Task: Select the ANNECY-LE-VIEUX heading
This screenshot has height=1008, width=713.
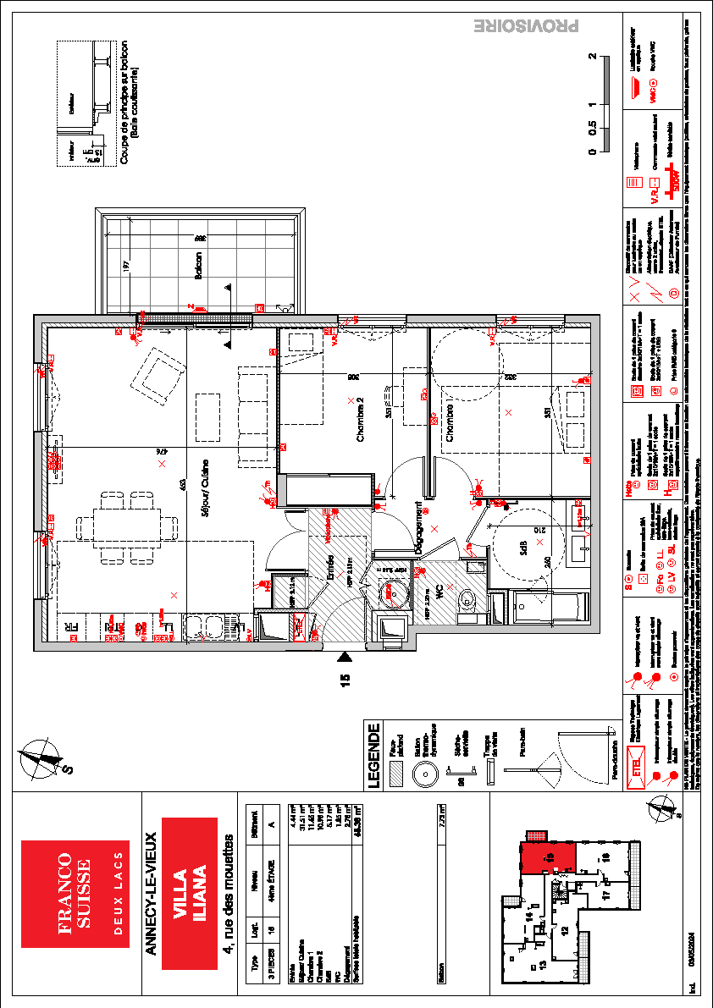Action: click(x=150, y=894)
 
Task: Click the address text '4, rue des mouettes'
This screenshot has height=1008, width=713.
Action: click(x=226, y=894)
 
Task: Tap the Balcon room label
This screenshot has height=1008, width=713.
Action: click(x=198, y=267)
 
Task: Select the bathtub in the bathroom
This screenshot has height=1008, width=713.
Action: click(x=550, y=607)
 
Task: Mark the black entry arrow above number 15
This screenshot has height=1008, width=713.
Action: click(x=345, y=656)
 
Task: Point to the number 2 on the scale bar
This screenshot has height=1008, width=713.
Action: click(x=593, y=57)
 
